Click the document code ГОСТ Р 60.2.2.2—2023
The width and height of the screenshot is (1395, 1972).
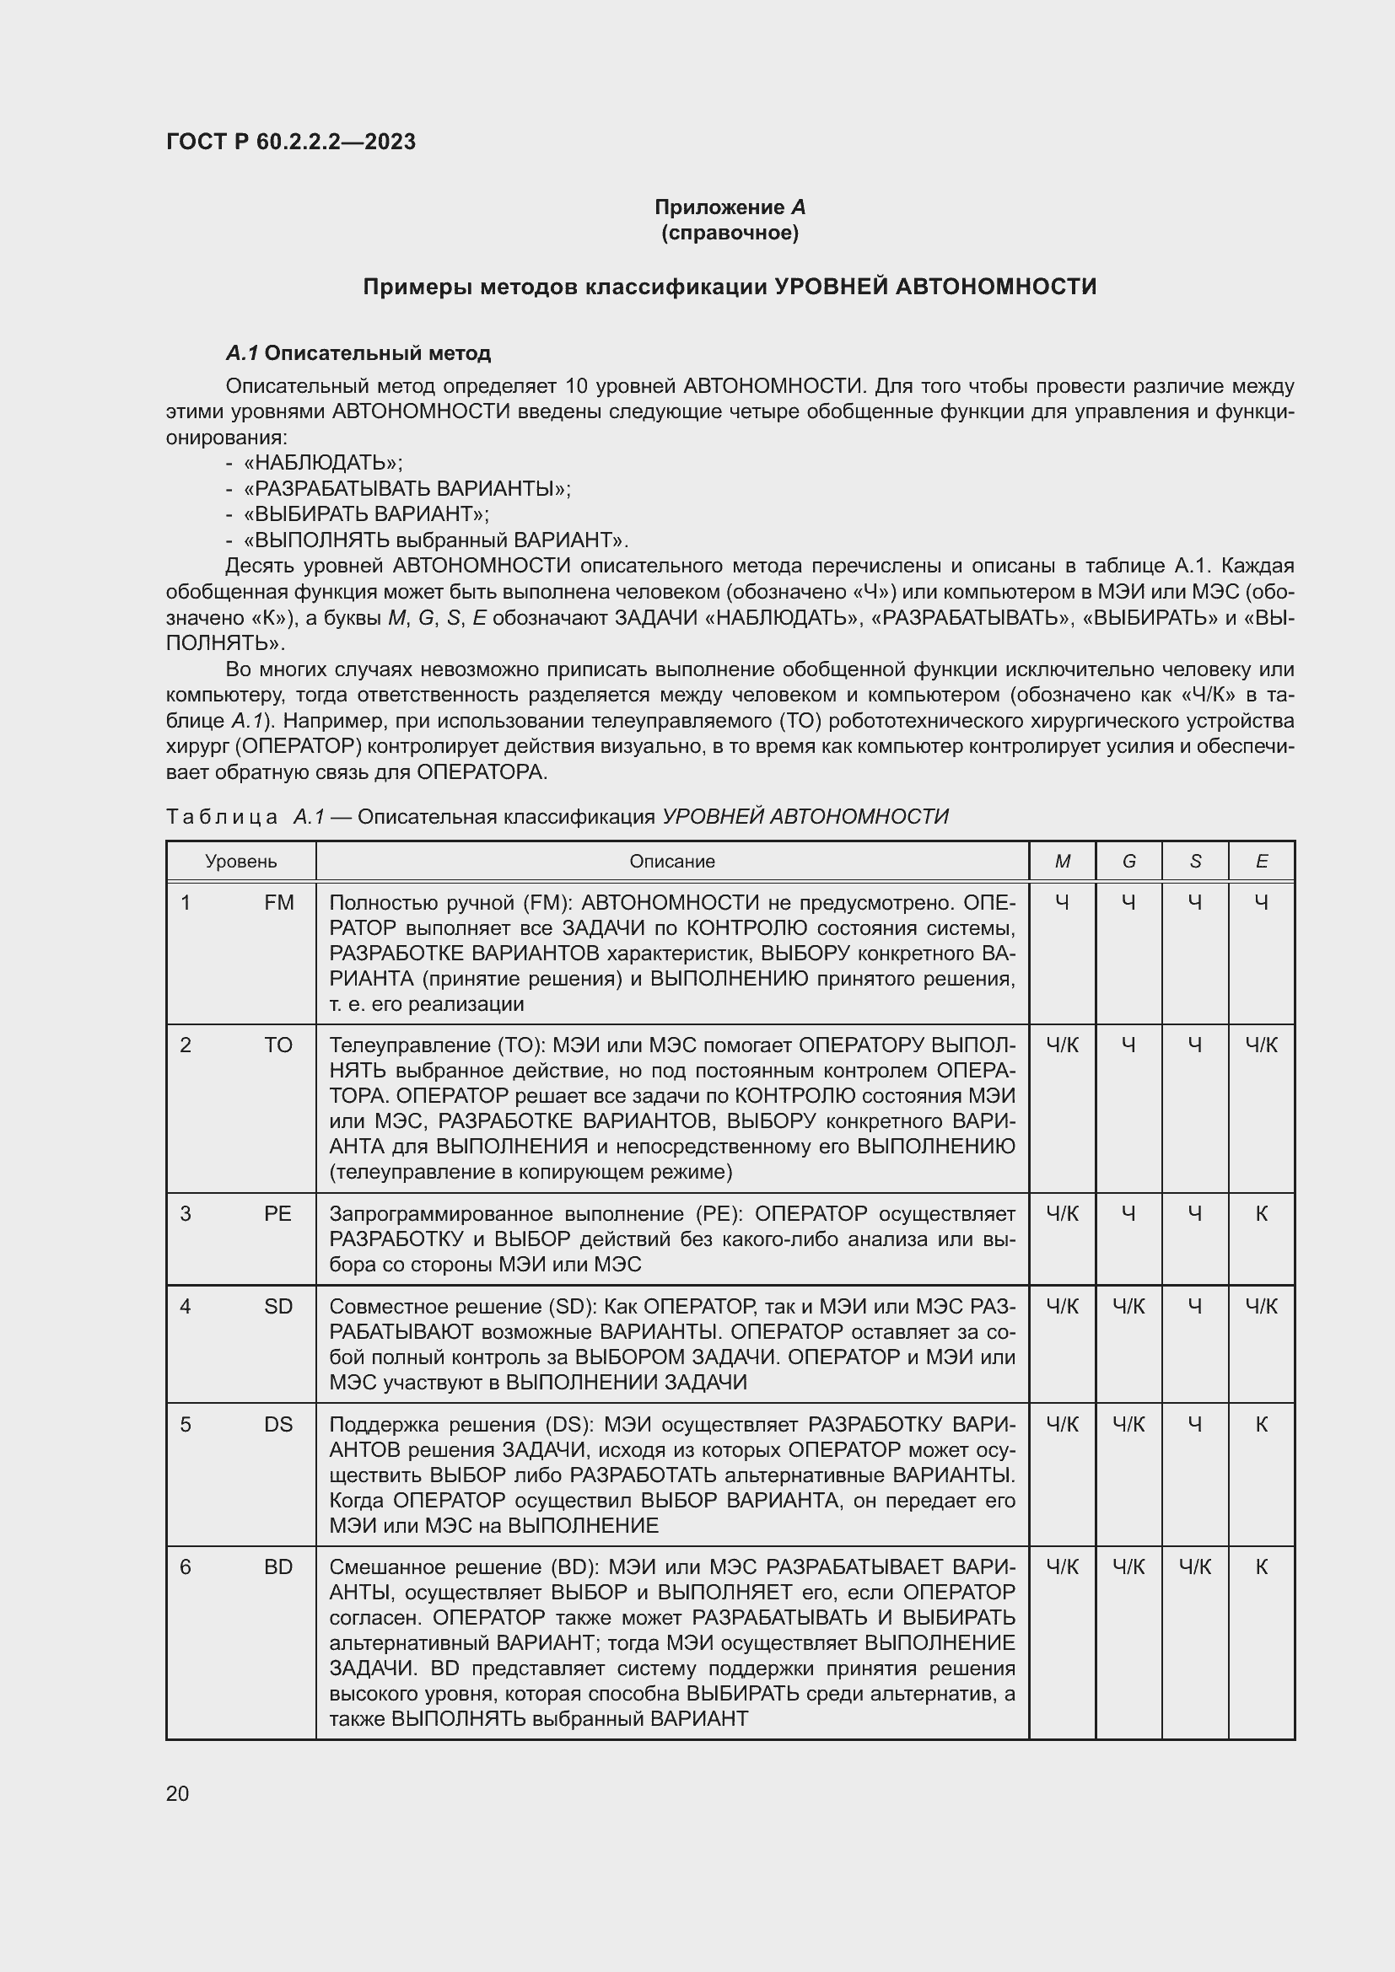click(x=290, y=142)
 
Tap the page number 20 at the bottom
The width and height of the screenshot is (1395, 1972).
click(x=178, y=1793)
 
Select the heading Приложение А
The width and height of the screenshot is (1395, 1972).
click(x=730, y=207)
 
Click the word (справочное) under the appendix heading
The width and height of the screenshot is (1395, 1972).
click(x=730, y=233)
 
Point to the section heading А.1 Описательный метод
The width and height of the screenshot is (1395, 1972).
click(x=358, y=353)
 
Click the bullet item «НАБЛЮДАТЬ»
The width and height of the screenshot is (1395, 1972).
click(x=323, y=463)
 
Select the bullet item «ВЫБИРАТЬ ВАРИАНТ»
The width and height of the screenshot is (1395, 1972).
click(x=366, y=513)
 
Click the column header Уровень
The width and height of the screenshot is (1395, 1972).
click(x=240, y=862)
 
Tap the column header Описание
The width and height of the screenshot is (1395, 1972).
click(x=671, y=862)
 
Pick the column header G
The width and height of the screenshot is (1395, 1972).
click(x=1128, y=862)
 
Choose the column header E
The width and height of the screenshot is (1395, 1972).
click(x=1261, y=862)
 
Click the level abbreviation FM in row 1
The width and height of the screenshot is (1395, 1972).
click(x=279, y=903)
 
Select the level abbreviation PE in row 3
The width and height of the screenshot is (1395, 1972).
click(x=278, y=1213)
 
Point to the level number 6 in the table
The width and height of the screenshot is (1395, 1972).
click(x=186, y=1567)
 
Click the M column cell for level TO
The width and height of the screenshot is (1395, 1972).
click(x=1063, y=1045)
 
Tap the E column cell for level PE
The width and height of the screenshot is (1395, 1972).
click(x=1261, y=1213)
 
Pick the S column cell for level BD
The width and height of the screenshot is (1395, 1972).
click(x=1195, y=1567)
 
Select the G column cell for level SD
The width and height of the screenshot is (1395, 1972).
click(x=1128, y=1306)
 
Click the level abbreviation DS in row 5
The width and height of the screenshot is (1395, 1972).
click(x=278, y=1425)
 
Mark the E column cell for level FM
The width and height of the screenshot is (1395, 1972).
click(x=1261, y=903)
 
